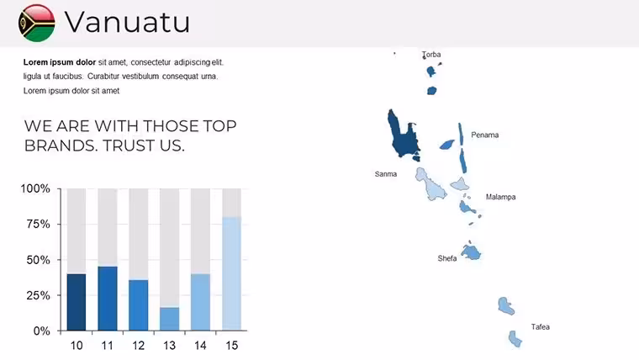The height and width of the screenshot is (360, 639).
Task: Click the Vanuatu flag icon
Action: (x=37, y=23)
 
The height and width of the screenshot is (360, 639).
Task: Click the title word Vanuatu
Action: (x=127, y=22)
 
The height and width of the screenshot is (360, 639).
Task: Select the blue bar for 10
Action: (x=77, y=302)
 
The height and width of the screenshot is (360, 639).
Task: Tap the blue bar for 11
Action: (x=108, y=299)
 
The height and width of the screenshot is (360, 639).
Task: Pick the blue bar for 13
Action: (x=170, y=319)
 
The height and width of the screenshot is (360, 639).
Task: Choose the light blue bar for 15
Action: (x=231, y=273)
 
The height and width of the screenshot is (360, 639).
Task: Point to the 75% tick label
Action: (x=39, y=225)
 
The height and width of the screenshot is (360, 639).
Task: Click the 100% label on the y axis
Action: (x=35, y=188)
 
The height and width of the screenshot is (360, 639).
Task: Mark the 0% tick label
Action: (x=41, y=331)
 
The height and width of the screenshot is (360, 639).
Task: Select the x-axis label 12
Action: (x=139, y=346)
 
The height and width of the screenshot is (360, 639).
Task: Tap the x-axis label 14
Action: (x=200, y=346)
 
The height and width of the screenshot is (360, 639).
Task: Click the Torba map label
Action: (x=431, y=55)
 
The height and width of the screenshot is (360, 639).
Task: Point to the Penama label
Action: (x=485, y=135)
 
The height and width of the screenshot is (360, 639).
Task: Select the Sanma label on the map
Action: (x=386, y=174)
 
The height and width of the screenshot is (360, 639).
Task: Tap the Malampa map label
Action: (x=501, y=197)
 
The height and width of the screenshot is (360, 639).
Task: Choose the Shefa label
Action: (x=447, y=258)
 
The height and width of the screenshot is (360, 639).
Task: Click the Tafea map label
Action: (x=541, y=327)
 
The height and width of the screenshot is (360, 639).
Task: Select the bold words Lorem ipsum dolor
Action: (x=60, y=62)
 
